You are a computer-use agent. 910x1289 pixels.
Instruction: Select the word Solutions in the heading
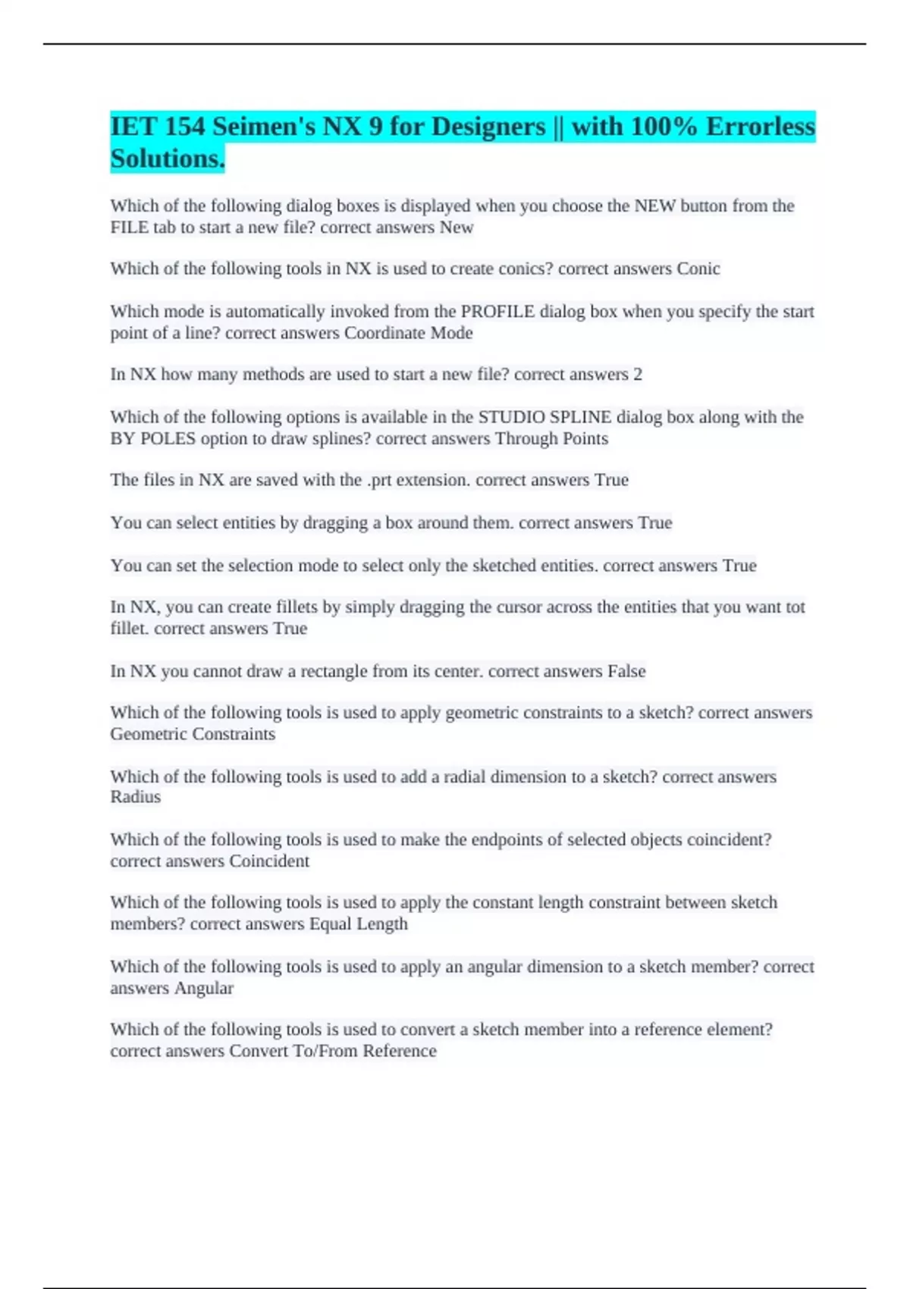pyautogui.click(x=167, y=158)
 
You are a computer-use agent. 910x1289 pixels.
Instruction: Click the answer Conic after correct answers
pyautogui.click(x=698, y=268)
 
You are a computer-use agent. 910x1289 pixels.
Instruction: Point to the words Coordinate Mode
pyautogui.click(x=408, y=333)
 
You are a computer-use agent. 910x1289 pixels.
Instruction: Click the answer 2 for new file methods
pyautogui.click(x=638, y=375)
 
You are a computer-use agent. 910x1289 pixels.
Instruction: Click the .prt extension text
pyautogui.click(x=380, y=480)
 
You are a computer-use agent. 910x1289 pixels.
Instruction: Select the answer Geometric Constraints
pyautogui.click(x=193, y=734)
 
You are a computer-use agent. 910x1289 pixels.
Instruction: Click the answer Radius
pyautogui.click(x=136, y=797)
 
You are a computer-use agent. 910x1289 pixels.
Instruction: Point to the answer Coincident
pyautogui.click(x=269, y=861)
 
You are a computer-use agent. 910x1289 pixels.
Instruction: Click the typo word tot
pyautogui.click(x=795, y=607)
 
